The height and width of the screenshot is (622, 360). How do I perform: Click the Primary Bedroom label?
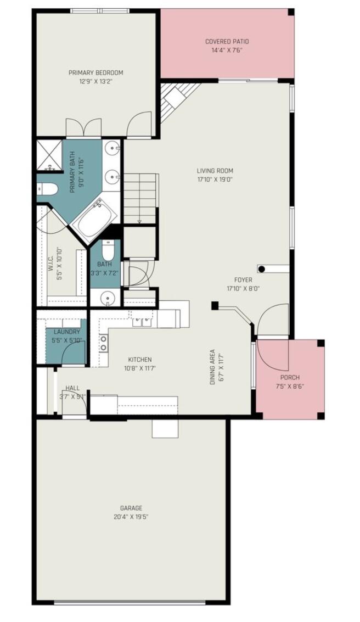95,72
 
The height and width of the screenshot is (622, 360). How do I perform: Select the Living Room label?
215,171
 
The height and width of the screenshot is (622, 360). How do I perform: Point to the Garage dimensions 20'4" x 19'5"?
134,517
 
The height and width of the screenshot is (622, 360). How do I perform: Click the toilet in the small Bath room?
108,253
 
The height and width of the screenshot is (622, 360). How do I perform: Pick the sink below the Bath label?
108,298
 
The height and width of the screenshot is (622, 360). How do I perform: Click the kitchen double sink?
143,322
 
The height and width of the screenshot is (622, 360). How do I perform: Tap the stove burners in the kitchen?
103,343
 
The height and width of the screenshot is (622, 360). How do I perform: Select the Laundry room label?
66,332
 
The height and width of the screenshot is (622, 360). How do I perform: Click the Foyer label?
243,280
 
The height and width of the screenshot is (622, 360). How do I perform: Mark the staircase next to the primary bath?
140,198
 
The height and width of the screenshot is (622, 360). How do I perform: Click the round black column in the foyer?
262,269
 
